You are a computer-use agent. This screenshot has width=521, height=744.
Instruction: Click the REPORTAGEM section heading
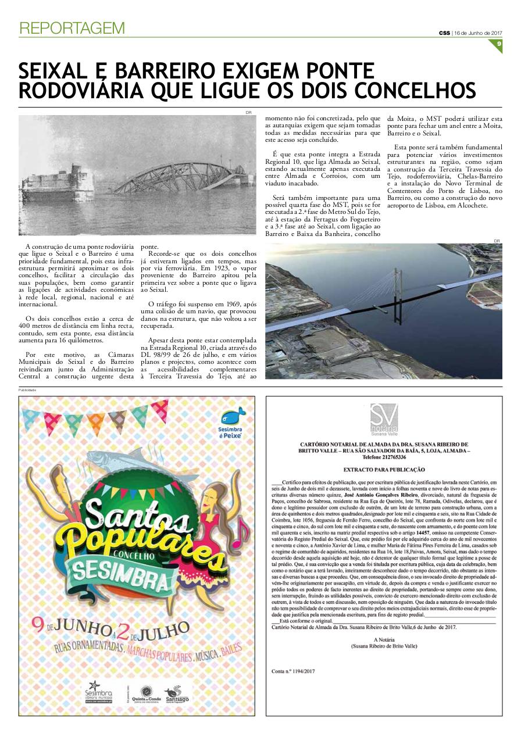(x=72, y=28)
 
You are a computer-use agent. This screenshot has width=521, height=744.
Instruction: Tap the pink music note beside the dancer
(x=240, y=529)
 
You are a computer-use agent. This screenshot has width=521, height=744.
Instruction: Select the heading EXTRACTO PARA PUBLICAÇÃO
(x=384, y=470)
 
